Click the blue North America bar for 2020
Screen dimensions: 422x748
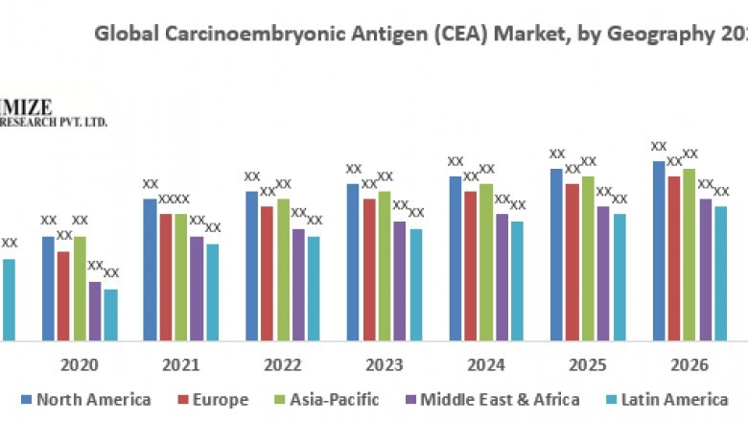[x=48, y=288]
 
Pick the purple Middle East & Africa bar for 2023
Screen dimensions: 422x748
[x=400, y=280]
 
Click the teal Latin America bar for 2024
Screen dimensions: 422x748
[x=517, y=280]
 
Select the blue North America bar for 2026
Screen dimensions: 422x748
[x=659, y=250]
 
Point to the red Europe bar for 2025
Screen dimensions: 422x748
[x=573, y=261]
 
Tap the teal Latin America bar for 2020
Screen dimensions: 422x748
[x=110, y=315]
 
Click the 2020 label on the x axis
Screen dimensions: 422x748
[x=79, y=365]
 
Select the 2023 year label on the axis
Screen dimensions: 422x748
[x=384, y=365]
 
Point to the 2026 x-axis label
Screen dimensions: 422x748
[x=689, y=365]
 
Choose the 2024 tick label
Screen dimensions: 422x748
[x=485, y=365]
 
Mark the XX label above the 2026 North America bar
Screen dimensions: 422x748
[x=659, y=147]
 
